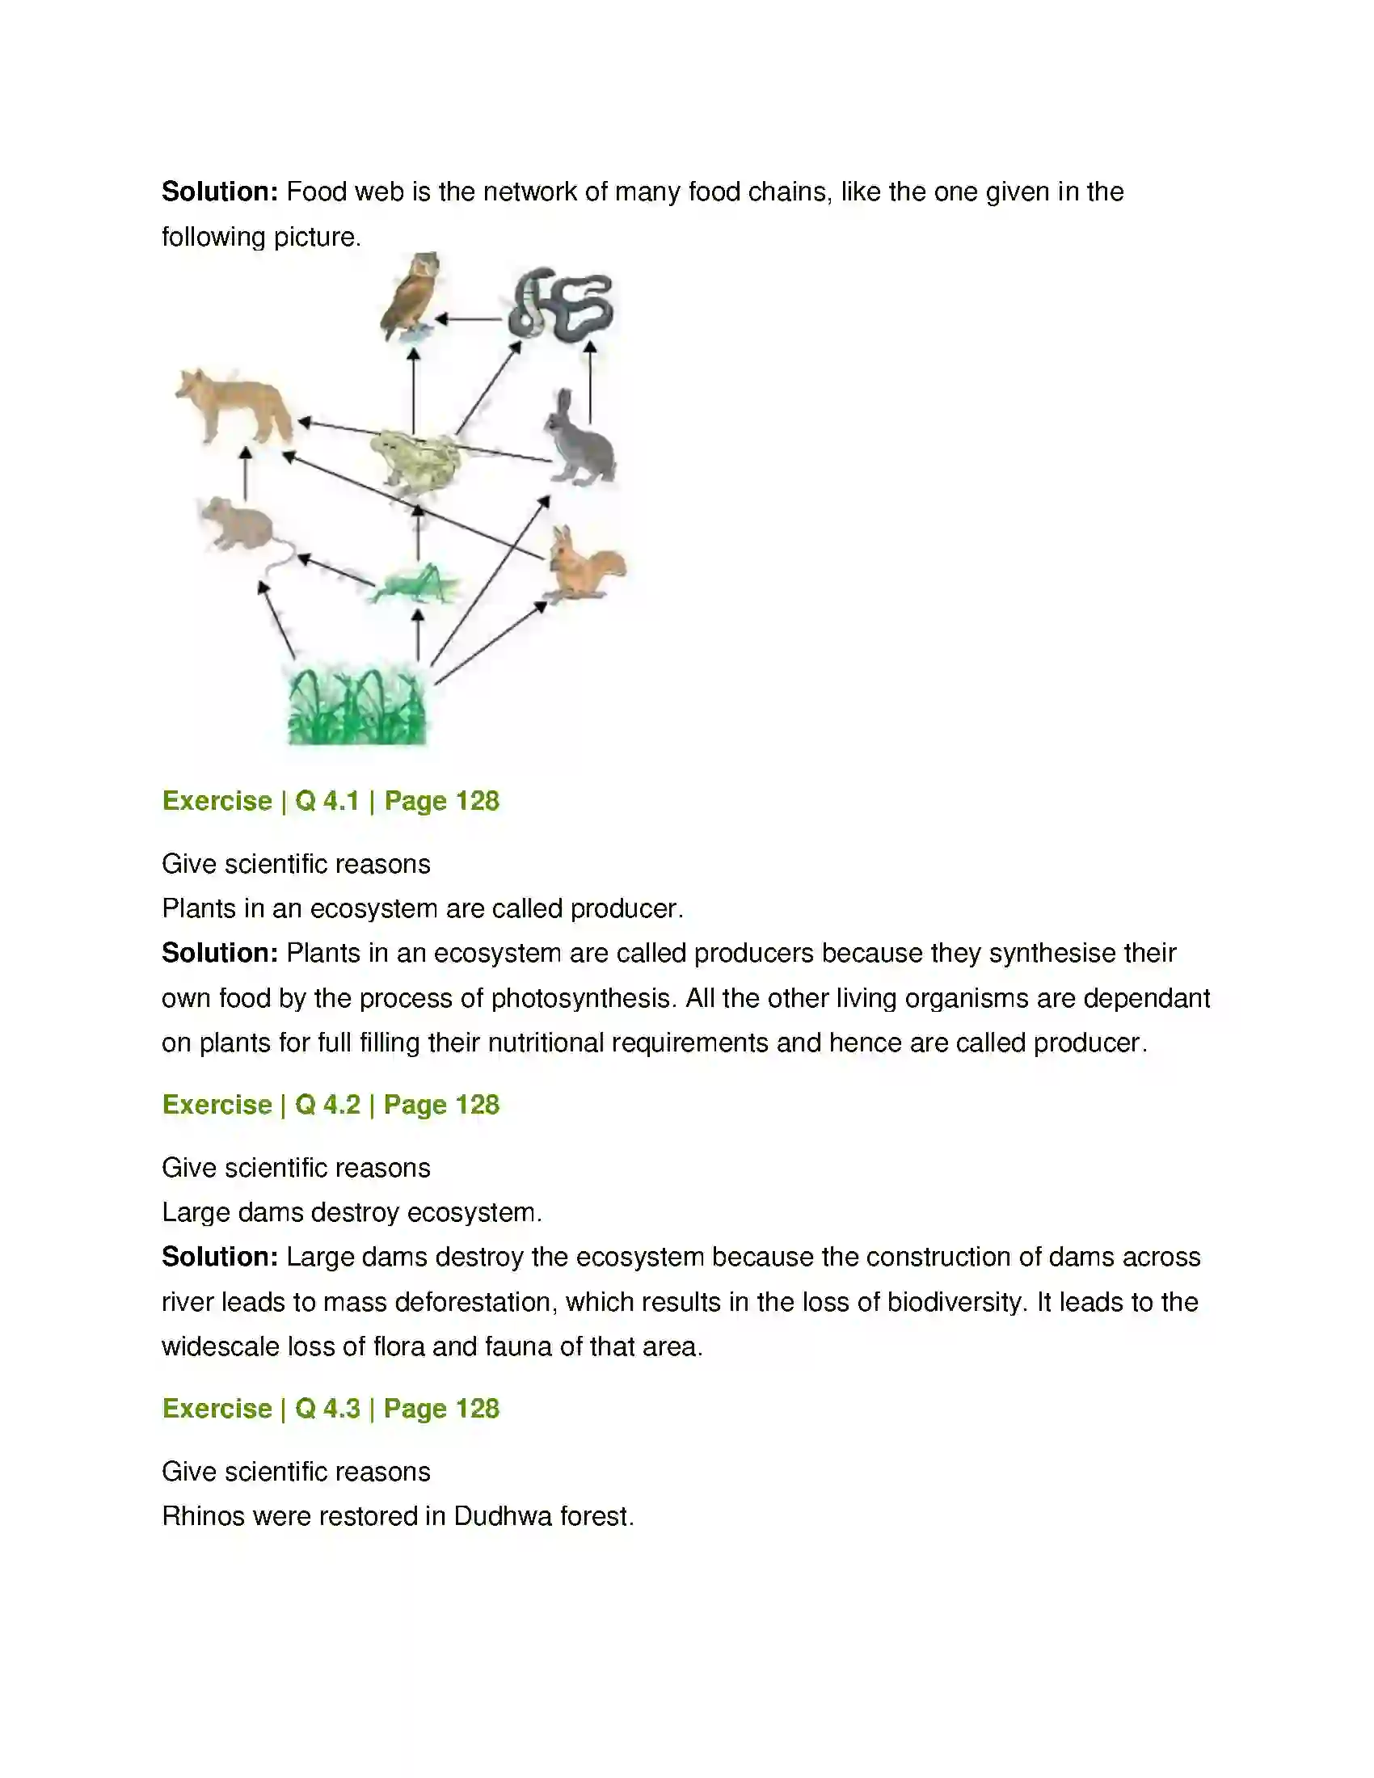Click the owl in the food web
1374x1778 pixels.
click(411, 297)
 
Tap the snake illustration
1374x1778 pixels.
click(561, 305)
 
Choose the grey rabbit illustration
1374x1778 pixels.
click(580, 440)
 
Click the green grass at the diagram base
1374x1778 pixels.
click(356, 705)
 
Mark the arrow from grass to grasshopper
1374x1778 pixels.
click(418, 635)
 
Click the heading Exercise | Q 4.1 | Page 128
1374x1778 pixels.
click(331, 801)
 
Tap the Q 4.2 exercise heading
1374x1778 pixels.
click(331, 1105)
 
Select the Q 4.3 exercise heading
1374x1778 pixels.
click(331, 1409)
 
